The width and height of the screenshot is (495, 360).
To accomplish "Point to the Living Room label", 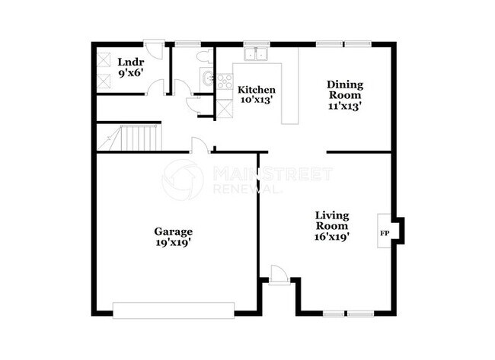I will pos(332,221).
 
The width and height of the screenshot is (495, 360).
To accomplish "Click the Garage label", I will pos(174,231).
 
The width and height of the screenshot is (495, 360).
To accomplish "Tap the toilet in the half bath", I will pos(203,56).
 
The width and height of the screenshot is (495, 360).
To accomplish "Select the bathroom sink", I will pos(206,77).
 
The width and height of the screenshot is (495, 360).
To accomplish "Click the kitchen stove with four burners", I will pos(224,81).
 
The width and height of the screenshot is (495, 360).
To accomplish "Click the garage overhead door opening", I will pos(174,310).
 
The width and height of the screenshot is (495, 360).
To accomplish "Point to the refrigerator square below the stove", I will pos(224,107).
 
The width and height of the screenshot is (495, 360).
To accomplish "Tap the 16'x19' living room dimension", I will pos(332,237).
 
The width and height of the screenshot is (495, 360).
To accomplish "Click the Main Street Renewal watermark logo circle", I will pos(184,180).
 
